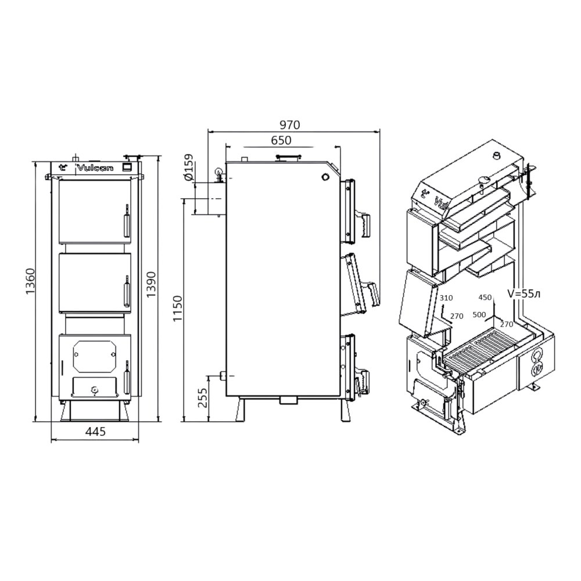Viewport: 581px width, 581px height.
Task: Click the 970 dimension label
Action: pyautogui.click(x=289, y=125)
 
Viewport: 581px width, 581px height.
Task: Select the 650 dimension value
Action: pyautogui.click(x=281, y=141)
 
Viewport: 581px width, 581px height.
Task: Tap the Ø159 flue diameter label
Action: pyautogui.click(x=189, y=167)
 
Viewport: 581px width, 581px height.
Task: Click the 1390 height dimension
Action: pyautogui.click(x=151, y=285)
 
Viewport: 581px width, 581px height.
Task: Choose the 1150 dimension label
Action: pyautogui.click(x=178, y=309)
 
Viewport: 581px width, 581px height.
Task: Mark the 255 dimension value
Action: pyautogui.click(x=202, y=397)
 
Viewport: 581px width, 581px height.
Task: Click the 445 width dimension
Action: pyautogui.click(x=96, y=431)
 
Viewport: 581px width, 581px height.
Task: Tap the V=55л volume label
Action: pyautogui.click(x=523, y=294)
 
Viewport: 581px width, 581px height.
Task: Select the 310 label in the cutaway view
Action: pyautogui.click(x=446, y=297)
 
